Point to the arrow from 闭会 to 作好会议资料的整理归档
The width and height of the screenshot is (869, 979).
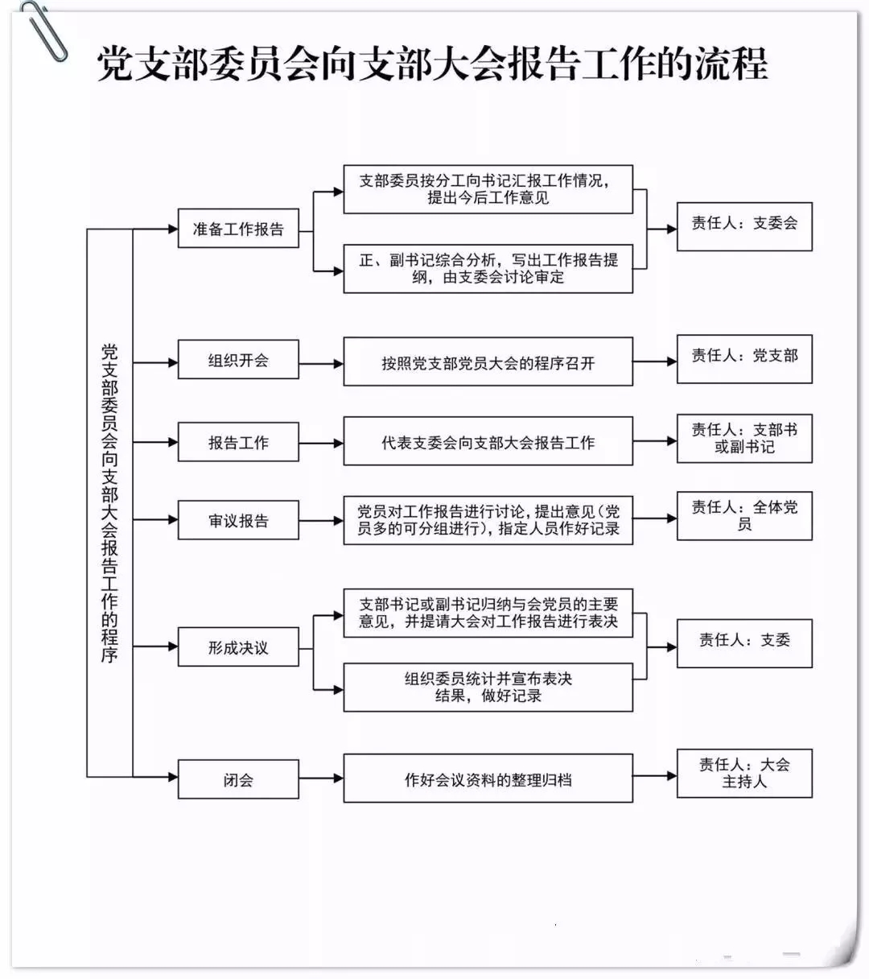tap(321, 779)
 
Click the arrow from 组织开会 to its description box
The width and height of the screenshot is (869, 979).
tap(321, 363)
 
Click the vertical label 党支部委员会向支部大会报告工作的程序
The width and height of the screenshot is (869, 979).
tap(109, 503)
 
